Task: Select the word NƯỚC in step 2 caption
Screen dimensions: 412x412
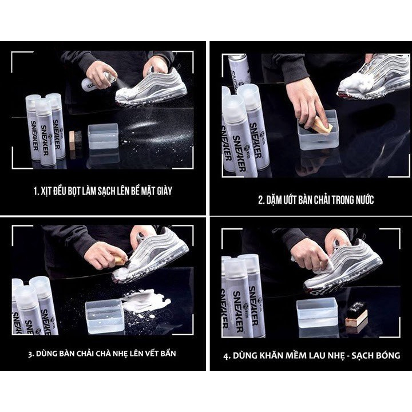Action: (365, 200)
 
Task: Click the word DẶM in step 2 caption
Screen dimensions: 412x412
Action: (274, 200)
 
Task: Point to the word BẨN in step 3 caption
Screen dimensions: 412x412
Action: (168, 353)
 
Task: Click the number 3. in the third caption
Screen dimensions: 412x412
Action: (31, 354)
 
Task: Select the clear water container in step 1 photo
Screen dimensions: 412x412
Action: (103, 136)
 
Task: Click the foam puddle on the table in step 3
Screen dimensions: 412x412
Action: (146, 300)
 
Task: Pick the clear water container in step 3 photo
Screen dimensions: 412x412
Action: (105, 316)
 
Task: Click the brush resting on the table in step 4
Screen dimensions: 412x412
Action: (356, 315)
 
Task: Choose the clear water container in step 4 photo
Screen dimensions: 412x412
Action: (316, 312)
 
